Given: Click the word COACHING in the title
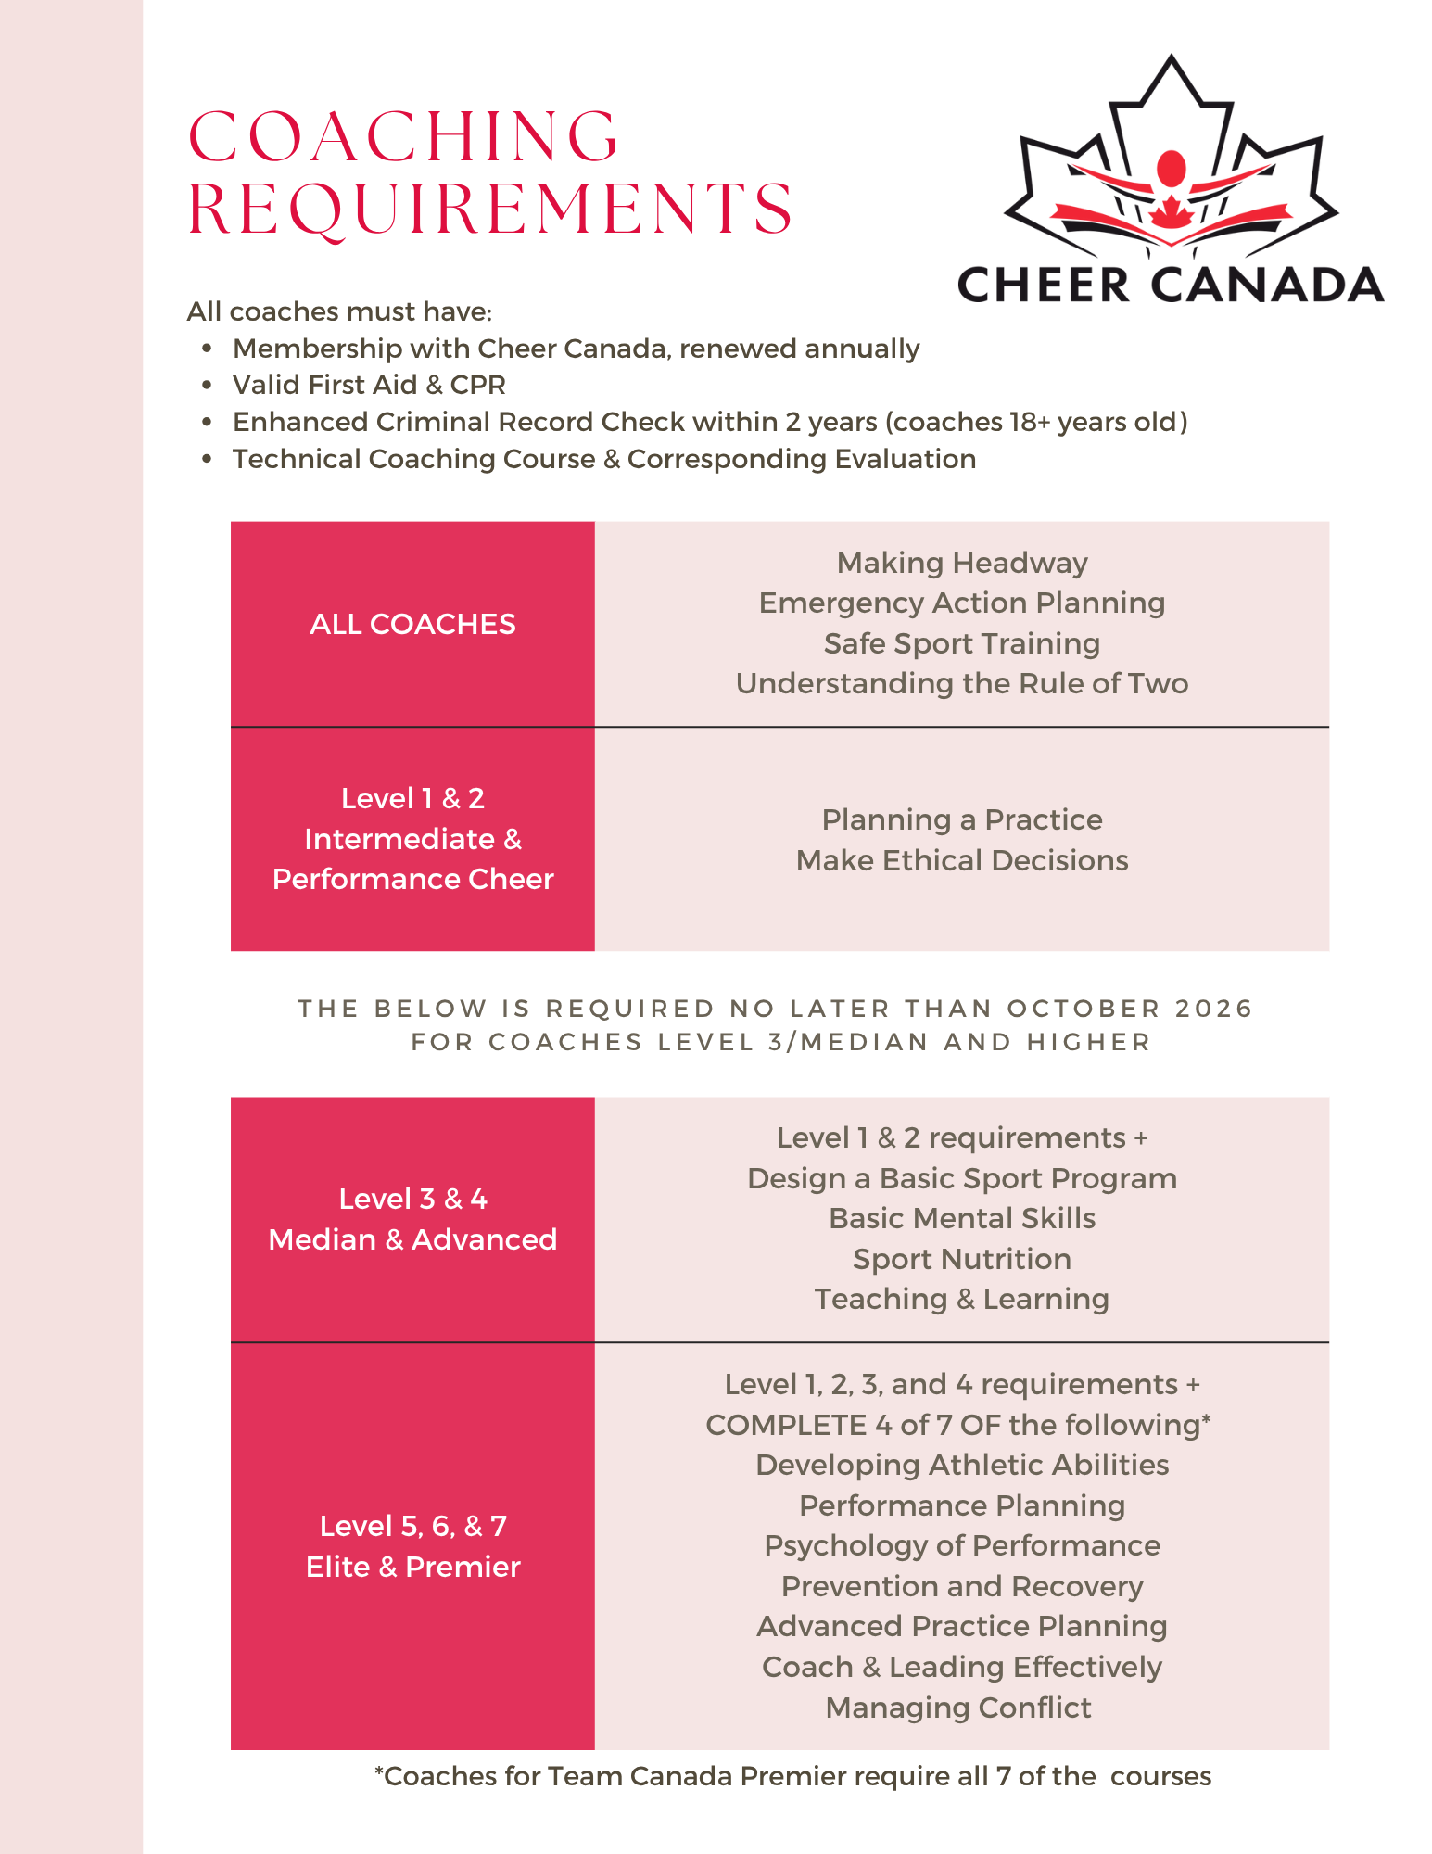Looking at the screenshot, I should (403, 137).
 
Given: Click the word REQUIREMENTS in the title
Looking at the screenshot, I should (490, 209).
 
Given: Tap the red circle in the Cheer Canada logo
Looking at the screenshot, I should (1172, 169).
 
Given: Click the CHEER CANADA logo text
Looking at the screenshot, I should (1170, 285).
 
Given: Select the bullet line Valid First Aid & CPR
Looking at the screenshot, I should (369, 385).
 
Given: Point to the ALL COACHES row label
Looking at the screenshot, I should (412, 624).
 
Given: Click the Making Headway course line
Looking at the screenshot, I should (962, 563).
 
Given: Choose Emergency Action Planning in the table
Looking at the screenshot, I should (962, 603).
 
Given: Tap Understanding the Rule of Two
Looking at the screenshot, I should (962, 683).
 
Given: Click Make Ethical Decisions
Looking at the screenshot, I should (962, 860).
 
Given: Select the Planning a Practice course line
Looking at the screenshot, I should (962, 819).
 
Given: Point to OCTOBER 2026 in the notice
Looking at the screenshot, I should (1129, 1009).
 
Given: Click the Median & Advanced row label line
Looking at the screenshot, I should (412, 1239).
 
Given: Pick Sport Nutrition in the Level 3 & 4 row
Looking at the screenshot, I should (962, 1259).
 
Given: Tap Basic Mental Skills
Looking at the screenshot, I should (962, 1218).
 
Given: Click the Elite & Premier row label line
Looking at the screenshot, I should (412, 1567).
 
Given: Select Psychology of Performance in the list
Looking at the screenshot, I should (962, 1545).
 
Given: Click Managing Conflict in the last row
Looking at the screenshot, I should (958, 1708).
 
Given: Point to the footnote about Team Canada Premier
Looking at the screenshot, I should (792, 1776).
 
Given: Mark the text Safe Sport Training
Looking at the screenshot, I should (962, 643).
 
